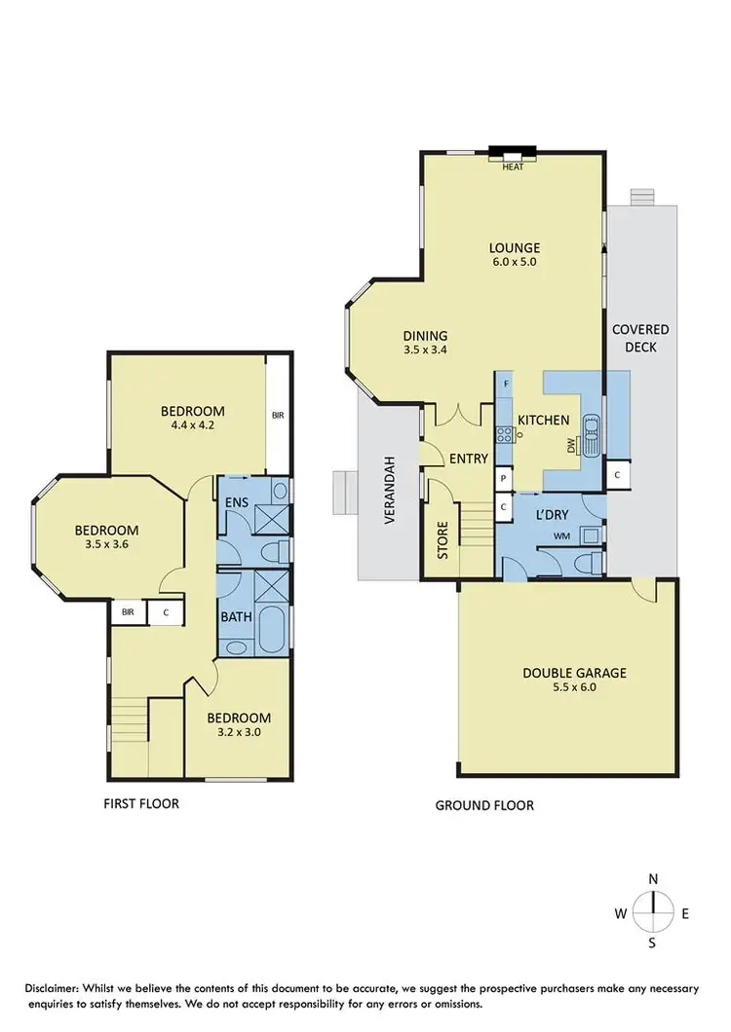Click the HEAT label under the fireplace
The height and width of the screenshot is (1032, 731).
(x=513, y=166)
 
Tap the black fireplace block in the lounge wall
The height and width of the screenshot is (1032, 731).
(x=513, y=152)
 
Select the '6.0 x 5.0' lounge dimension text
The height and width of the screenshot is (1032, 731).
(x=514, y=262)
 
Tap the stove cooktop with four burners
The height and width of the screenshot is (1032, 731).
(x=506, y=435)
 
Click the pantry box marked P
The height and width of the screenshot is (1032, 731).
(x=503, y=479)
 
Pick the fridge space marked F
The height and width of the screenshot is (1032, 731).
(x=506, y=385)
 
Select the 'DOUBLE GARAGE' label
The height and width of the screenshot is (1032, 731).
(x=574, y=672)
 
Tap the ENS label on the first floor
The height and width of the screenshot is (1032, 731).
(x=236, y=501)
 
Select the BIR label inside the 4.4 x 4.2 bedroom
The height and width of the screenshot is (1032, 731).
(x=278, y=415)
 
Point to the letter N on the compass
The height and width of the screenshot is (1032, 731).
(x=652, y=878)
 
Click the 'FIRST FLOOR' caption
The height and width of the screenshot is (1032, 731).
(x=141, y=804)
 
